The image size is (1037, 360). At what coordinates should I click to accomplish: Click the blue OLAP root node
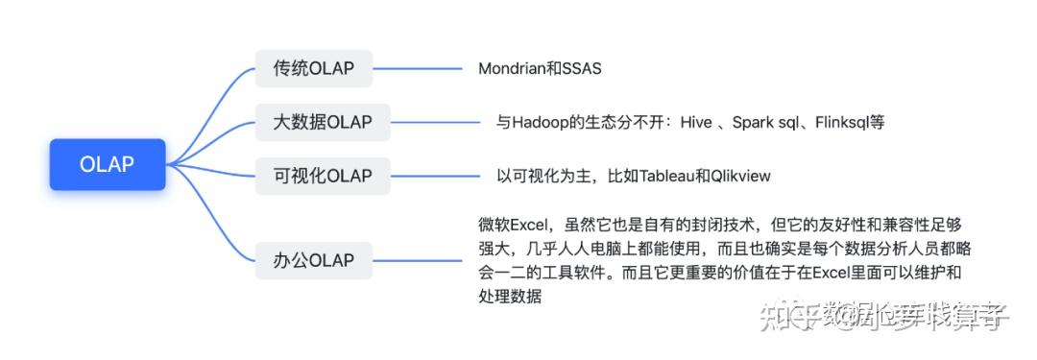[108, 164]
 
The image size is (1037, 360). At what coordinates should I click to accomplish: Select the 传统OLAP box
[313, 68]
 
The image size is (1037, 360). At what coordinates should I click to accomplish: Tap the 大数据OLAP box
[323, 122]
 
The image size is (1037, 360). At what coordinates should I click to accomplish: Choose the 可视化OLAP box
[323, 176]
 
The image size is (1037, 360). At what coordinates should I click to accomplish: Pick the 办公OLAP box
[313, 259]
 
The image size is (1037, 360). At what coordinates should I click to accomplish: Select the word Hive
[696, 123]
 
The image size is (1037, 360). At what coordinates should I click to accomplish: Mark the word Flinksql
[843, 123]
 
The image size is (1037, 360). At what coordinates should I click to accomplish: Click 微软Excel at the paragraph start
[511, 226]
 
